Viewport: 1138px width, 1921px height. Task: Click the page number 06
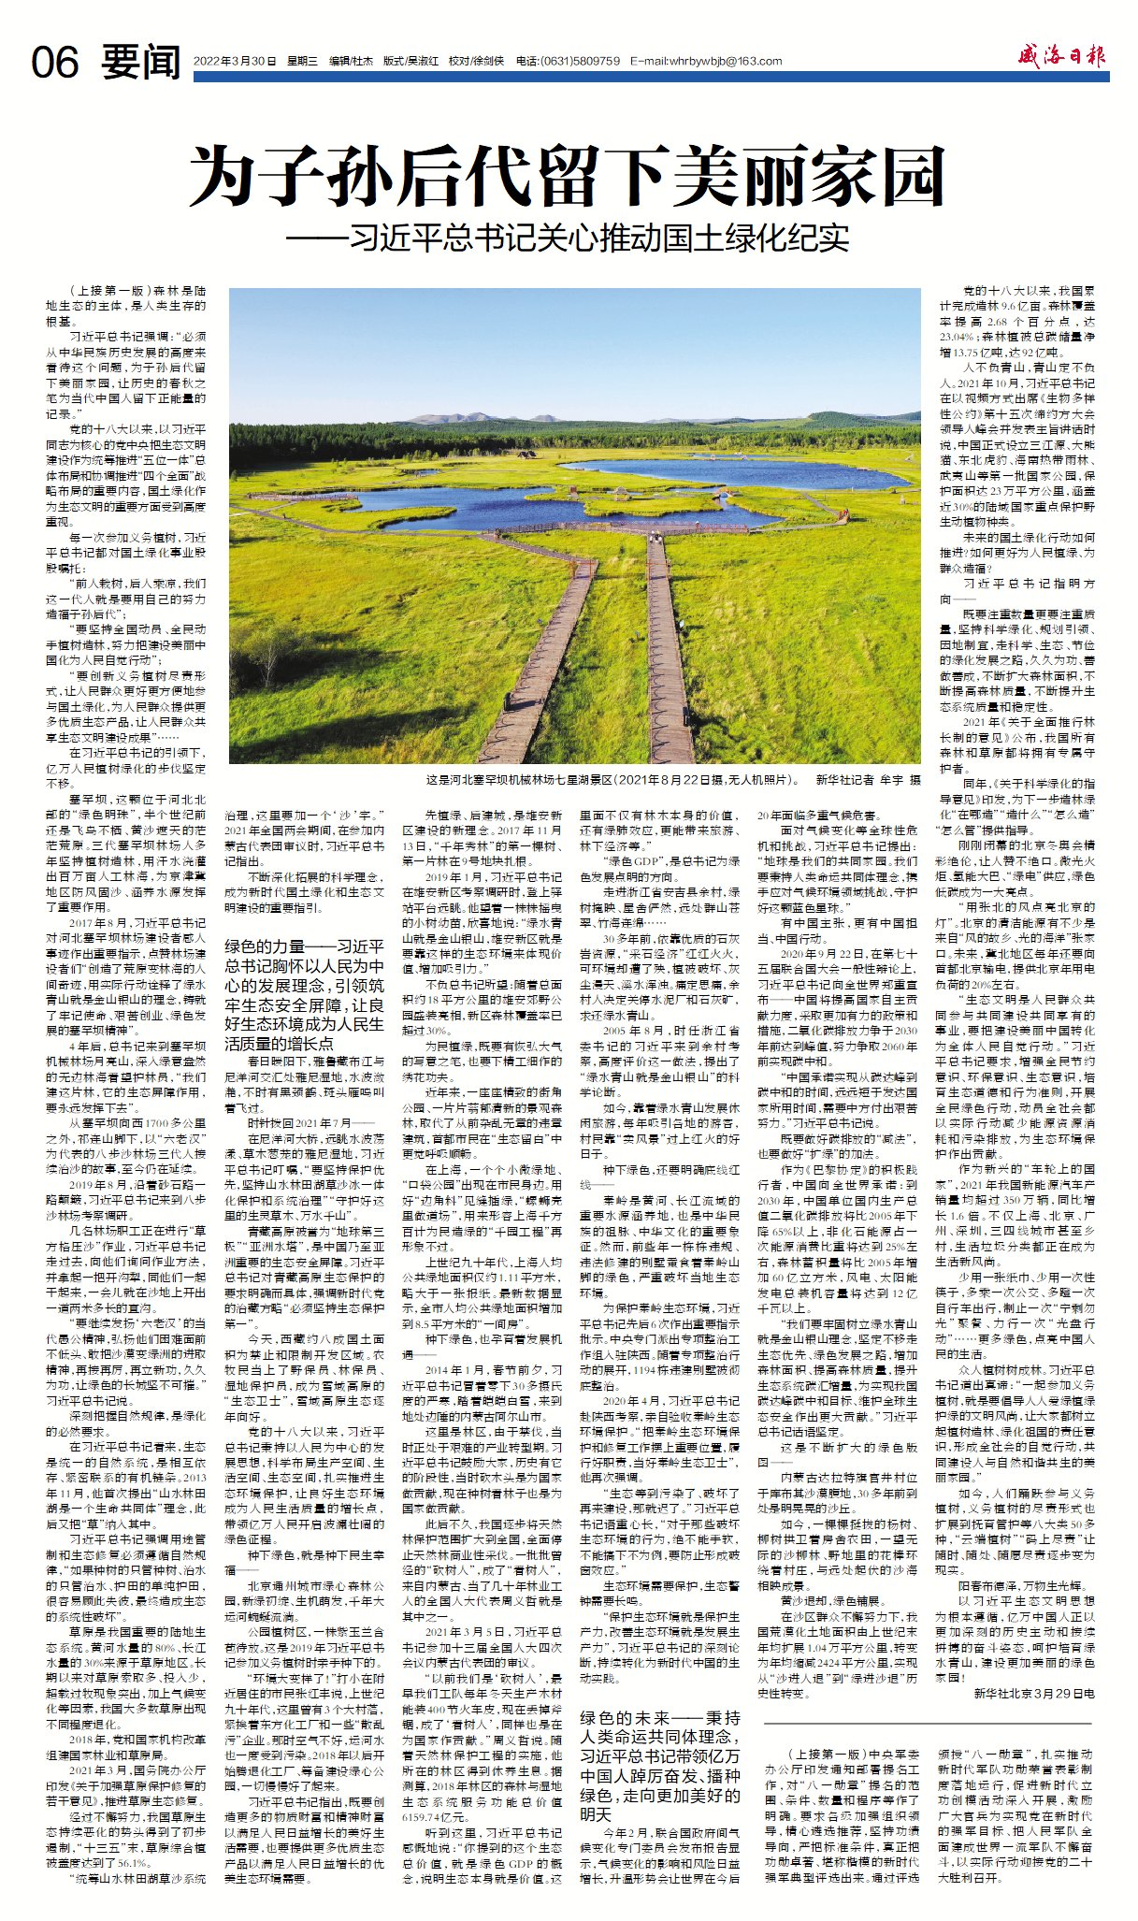[x=55, y=63]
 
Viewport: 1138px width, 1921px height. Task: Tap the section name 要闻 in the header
[x=141, y=62]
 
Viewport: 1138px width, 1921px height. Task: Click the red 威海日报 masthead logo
[x=1062, y=57]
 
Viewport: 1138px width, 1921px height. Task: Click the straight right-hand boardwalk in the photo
[x=666, y=636]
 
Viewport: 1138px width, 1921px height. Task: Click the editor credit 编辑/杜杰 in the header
[x=351, y=62]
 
